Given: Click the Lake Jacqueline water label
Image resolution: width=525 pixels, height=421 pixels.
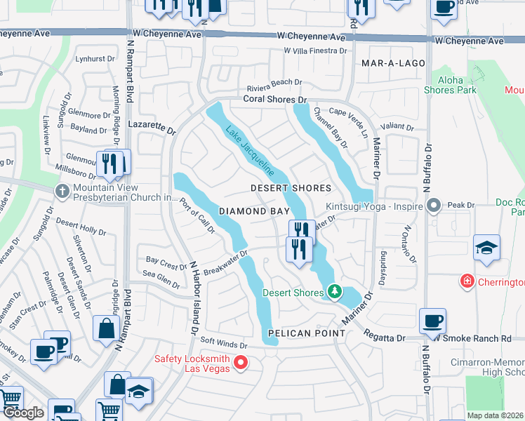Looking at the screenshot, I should [x=249, y=150].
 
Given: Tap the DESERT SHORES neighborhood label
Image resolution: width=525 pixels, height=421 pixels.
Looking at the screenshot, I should [x=291, y=188].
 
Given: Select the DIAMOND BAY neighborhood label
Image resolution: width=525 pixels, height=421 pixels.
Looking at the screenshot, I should [x=253, y=210].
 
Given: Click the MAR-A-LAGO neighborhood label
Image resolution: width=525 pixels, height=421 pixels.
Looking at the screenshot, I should [x=394, y=63].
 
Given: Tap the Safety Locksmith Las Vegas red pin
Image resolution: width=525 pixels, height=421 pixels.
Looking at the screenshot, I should [x=241, y=362].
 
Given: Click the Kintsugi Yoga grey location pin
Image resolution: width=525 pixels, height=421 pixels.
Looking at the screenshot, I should [x=434, y=206].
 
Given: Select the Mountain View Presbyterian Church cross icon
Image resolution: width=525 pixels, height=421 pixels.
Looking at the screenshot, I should [x=62, y=190].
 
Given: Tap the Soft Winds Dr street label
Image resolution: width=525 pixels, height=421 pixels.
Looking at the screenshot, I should [x=224, y=345].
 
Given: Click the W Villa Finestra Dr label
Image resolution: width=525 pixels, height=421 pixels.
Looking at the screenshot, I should [x=315, y=51].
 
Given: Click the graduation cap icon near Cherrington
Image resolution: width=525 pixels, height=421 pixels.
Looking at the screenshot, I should [x=487, y=248].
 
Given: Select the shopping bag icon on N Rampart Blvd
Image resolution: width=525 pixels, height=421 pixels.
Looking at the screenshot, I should [x=106, y=327].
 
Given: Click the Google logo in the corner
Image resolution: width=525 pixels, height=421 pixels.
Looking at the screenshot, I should [x=23, y=413].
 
